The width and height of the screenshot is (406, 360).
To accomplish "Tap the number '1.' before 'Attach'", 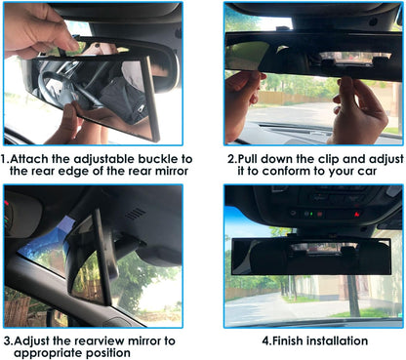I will (x=9, y=157).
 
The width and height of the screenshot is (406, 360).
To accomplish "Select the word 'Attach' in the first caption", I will (x=38, y=157).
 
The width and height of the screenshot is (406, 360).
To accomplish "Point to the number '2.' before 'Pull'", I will (x=232, y=157).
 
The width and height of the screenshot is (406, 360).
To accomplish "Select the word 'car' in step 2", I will (x=377, y=171).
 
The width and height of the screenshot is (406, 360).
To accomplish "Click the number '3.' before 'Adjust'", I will (x=8, y=341).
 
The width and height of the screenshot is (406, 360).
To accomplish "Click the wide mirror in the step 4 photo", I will (x=310, y=257).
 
